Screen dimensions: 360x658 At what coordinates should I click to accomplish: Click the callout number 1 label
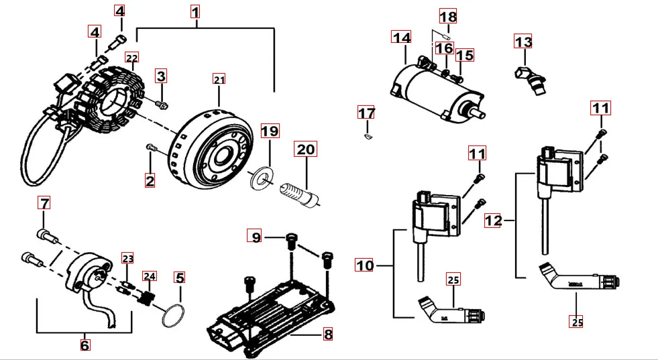195,11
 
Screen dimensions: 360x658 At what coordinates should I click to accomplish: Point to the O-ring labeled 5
174,314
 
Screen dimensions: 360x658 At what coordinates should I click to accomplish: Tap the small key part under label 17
366,136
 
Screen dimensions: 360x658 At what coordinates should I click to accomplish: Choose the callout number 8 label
327,333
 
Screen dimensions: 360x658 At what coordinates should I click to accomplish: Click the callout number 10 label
364,265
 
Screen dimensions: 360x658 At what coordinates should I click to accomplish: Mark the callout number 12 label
493,220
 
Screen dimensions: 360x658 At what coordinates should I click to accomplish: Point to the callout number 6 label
85,345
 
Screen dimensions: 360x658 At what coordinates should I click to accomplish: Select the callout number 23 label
127,258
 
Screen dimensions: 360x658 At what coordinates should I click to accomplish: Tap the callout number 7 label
44,202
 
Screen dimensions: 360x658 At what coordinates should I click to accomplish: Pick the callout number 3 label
161,75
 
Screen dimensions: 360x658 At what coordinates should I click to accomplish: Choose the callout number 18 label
447,16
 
